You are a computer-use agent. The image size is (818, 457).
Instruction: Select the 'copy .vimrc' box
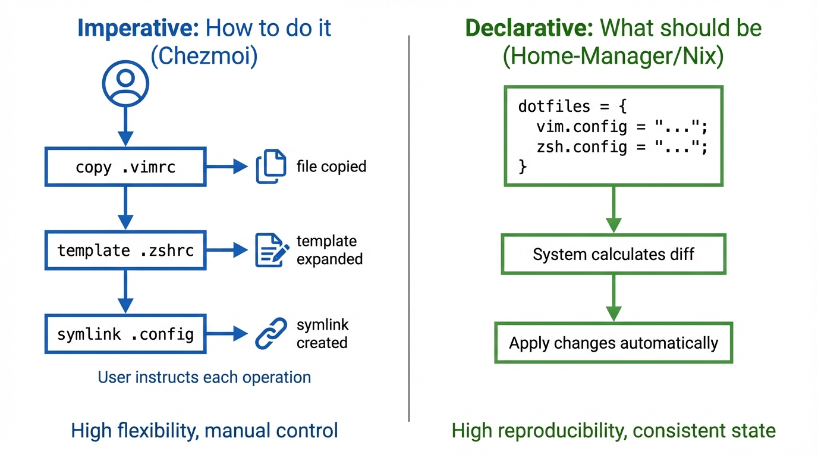[x=125, y=167]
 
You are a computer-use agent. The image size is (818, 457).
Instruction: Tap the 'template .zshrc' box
[x=125, y=251]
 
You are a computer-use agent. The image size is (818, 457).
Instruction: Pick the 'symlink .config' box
[x=125, y=334]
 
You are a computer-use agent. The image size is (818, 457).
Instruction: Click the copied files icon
[x=270, y=167]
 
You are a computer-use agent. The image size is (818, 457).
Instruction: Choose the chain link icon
[x=271, y=334]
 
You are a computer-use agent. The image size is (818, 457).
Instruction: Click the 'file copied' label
[x=331, y=167]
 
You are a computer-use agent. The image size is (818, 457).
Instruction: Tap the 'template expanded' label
[x=329, y=251]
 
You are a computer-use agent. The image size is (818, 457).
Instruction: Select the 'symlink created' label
[x=322, y=334]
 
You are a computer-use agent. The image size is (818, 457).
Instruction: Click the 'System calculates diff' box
[x=613, y=255]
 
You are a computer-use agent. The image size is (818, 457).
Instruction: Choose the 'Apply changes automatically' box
[x=613, y=343]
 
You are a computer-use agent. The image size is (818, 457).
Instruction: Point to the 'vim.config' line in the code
[x=622, y=127]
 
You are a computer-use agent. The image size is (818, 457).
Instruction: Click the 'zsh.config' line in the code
[x=622, y=147]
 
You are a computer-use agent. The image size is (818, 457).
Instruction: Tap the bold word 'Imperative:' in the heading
[x=138, y=29]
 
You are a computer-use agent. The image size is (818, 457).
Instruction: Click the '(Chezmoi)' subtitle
[x=204, y=57]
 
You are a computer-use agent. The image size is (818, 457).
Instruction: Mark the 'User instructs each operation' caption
[x=204, y=377]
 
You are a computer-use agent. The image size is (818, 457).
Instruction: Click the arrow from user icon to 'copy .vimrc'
[x=125, y=126]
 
